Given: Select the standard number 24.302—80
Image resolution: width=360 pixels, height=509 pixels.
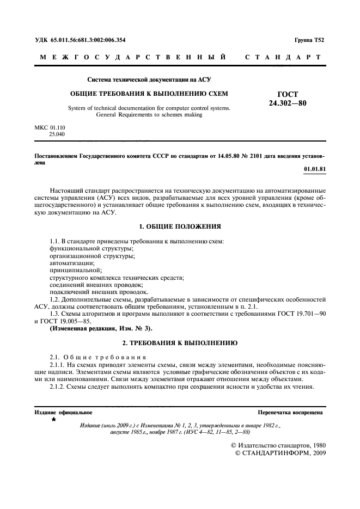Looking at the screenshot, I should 288,103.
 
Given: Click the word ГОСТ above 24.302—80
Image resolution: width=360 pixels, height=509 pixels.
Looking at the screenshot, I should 288,94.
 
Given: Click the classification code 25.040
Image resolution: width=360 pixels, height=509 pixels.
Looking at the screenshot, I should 57,133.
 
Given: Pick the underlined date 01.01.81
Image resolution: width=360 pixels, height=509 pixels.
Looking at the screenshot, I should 315,169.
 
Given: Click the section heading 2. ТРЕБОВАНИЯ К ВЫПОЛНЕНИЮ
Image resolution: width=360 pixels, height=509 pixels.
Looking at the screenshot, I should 179,344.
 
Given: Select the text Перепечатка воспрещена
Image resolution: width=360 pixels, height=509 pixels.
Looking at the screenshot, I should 291,413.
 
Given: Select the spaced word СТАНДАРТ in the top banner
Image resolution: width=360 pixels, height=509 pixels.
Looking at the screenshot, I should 283,57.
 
